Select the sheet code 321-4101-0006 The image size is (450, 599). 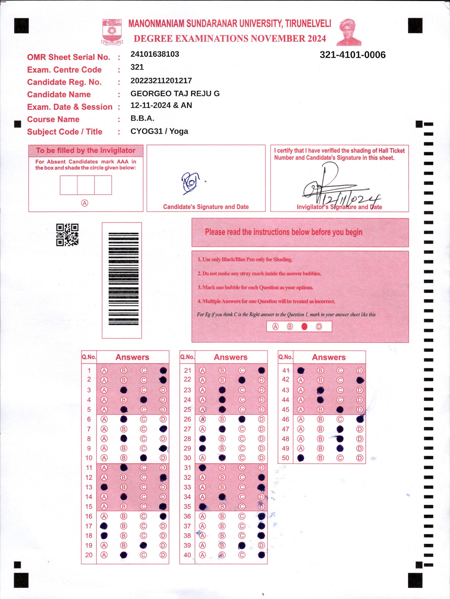(x=352, y=55)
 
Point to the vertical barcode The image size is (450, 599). (x=123, y=279)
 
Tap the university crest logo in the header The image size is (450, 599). (x=112, y=32)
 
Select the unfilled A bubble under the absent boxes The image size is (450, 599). (x=85, y=203)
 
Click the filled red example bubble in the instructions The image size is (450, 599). (x=304, y=327)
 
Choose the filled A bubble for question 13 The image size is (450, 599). (x=104, y=487)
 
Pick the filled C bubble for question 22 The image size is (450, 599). (x=242, y=380)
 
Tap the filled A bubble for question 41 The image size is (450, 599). (x=301, y=371)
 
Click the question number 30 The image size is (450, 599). (x=187, y=458)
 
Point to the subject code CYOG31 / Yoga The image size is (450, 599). (x=159, y=131)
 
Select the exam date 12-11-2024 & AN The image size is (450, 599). (x=161, y=105)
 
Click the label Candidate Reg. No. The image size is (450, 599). (x=64, y=82)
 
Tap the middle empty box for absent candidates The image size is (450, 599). (x=86, y=185)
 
